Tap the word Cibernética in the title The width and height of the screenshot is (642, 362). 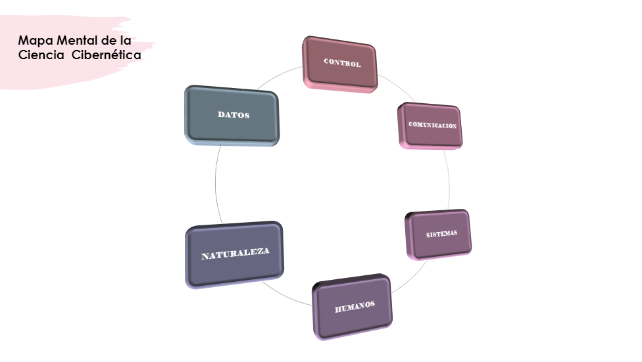pos(106,55)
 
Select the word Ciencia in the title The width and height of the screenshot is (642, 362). pos(41,55)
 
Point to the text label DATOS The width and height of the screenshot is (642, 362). pos(234,114)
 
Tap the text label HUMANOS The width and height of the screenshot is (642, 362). pos(355,305)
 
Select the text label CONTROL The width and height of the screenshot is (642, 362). pos(342,63)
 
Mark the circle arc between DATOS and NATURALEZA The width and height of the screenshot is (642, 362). pos(215,184)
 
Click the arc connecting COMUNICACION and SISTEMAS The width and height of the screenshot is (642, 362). pos(450,181)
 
